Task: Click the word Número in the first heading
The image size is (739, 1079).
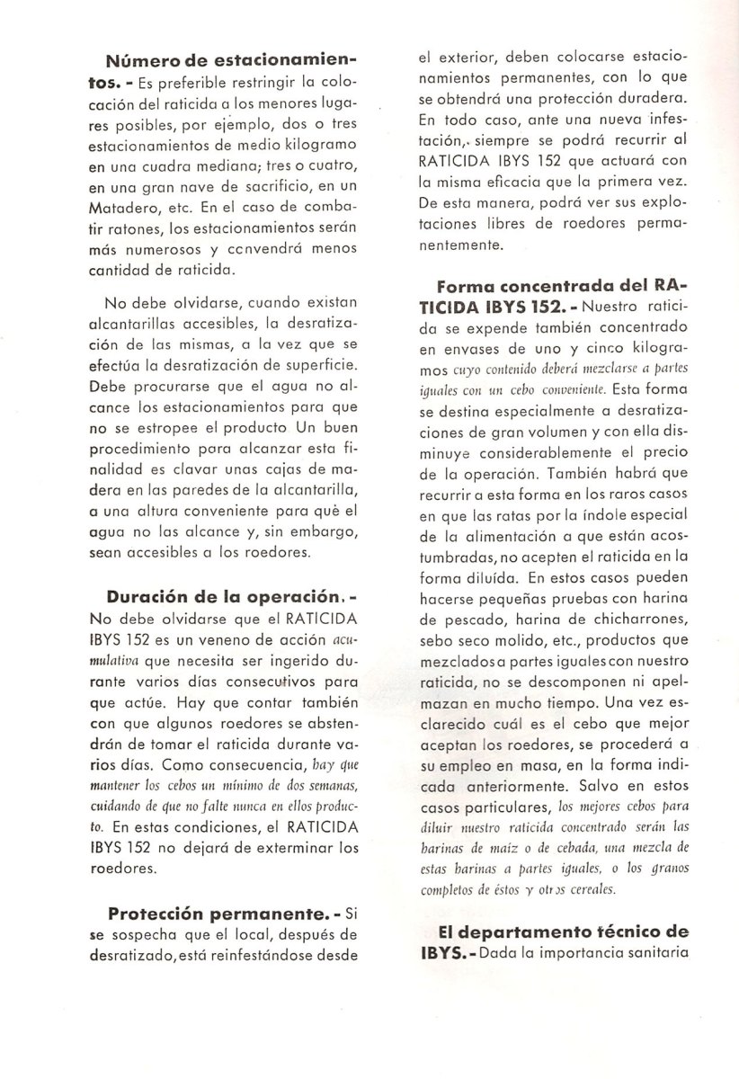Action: click(137, 62)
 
